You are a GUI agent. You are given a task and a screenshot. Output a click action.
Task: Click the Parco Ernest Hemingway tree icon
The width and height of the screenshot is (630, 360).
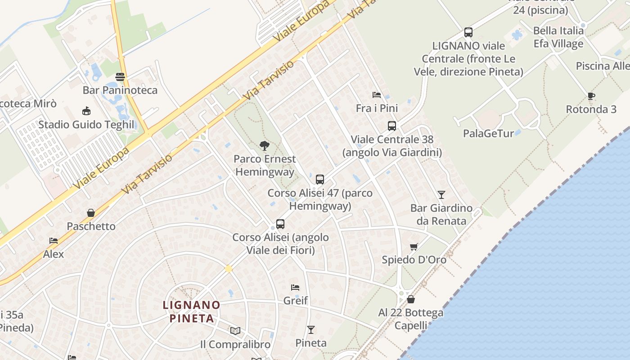264,145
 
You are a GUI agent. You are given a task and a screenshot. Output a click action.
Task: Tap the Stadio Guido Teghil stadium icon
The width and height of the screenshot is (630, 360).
86,111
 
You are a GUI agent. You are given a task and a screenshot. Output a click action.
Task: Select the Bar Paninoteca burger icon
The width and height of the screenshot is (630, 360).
120,77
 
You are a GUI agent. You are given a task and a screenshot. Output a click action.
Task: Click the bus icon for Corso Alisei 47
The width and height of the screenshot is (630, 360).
319,180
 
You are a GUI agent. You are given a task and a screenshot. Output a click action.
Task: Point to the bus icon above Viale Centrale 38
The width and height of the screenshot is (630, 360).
391,126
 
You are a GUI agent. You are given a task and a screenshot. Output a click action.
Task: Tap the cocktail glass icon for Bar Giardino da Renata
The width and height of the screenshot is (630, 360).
441,195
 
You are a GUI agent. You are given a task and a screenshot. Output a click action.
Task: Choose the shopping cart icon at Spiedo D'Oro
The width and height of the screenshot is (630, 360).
414,247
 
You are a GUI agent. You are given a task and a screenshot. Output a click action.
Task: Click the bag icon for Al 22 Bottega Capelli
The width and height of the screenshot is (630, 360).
410,299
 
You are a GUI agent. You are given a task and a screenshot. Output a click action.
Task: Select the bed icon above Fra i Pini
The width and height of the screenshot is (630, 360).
377,95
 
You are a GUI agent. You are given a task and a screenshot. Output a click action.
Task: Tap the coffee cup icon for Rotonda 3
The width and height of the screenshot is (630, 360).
591,96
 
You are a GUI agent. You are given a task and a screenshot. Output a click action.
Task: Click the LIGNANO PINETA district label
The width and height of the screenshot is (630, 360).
192,312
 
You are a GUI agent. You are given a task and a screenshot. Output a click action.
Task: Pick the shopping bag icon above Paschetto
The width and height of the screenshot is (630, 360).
91,213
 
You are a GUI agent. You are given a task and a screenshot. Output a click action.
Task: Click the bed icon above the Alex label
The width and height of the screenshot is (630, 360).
54,241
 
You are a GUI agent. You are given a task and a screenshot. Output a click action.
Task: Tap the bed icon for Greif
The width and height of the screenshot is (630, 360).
295,287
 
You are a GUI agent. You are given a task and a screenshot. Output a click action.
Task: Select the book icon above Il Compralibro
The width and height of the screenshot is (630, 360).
235,331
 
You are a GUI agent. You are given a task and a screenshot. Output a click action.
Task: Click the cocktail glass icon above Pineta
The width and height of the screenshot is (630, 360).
310,330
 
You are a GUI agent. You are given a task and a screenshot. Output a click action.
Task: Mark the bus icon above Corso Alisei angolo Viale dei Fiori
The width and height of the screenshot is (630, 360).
280,224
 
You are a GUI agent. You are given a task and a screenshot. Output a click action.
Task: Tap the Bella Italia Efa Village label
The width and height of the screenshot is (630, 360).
558,37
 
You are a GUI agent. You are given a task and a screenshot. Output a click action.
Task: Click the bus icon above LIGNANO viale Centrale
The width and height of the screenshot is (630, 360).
468,32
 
